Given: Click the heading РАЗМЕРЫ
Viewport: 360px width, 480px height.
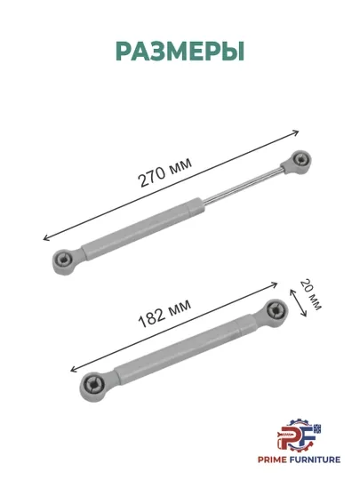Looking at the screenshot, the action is click(x=180, y=52).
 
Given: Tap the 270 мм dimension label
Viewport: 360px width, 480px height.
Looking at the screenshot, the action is click(x=165, y=172).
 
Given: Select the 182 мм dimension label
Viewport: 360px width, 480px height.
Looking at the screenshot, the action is click(x=164, y=313).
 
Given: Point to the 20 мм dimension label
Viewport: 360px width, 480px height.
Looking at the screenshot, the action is click(x=311, y=294).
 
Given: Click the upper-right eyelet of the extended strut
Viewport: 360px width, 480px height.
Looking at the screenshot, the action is click(x=298, y=161).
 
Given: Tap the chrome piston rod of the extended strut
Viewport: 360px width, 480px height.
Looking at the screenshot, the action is click(x=242, y=185).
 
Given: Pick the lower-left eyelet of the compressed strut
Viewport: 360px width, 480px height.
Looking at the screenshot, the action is click(x=92, y=387).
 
